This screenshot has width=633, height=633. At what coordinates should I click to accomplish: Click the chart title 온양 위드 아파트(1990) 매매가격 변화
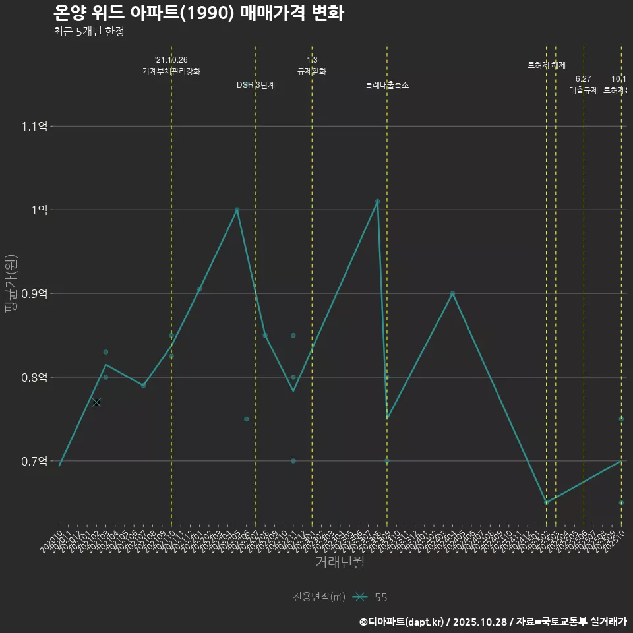[198, 13]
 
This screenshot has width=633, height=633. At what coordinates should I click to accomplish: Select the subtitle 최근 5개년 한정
[89, 32]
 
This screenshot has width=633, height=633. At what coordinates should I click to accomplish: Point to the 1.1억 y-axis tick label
[34, 126]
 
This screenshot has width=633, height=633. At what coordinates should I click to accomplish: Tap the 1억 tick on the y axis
[39, 210]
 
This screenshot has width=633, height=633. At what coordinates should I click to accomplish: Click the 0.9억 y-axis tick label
[34, 293]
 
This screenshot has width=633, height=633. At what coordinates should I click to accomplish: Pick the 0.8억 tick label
[34, 377]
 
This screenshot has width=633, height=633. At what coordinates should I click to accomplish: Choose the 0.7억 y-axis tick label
[34, 461]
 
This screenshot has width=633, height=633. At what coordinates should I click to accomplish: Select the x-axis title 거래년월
[340, 562]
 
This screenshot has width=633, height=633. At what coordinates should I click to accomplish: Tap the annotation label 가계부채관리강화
[171, 71]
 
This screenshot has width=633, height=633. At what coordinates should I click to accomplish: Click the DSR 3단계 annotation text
[256, 85]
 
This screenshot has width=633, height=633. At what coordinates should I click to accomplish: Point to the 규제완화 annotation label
[312, 71]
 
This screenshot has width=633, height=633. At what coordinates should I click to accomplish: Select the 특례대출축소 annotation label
[387, 85]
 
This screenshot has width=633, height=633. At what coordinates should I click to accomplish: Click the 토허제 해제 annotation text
[547, 65]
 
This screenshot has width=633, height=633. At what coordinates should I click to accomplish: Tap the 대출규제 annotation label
[584, 91]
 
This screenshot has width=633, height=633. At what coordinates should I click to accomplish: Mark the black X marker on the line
[96, 402]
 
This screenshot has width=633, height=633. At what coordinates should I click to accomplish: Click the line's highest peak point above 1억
[377, 201]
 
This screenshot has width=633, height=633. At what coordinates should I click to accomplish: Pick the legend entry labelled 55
[380, 597]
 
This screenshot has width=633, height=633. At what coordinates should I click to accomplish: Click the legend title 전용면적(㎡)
[319, 597]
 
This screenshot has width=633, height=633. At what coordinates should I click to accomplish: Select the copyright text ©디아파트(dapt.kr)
[403, 621]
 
